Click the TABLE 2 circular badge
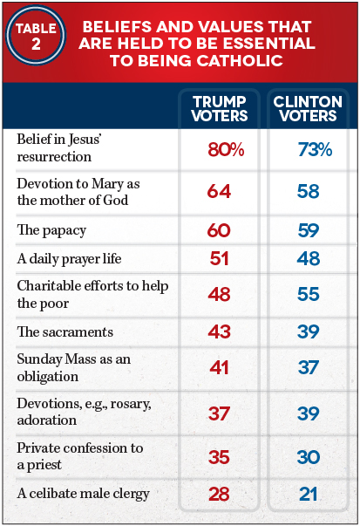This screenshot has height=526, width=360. click(x=36, y=35)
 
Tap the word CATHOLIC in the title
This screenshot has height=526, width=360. click(x=240, y=61)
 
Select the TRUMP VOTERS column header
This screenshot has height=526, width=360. click(x=220, y=109)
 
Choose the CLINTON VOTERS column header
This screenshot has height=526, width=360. click(x=308, y=109)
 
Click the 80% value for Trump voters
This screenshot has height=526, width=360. click(x=226, y=150)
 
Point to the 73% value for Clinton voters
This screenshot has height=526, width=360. click(x=315, y=150)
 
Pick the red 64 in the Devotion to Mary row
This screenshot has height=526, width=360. click(x=219, y=192)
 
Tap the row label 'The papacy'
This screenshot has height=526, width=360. click(x=51, y=231)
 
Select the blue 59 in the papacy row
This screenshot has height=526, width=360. click(x=309, y=230)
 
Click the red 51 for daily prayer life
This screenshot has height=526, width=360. click(x=219, y=259)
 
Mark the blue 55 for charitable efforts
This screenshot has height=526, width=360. click(x=309, y=294)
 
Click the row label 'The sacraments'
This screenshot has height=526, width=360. click(x=65, y=331)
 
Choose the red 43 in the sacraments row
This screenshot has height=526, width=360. click(x=219, y=331)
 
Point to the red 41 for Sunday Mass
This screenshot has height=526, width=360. click(x=219, y=367)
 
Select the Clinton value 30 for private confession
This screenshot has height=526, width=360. click(x=309, y=457)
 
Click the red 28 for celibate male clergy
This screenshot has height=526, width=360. click(x=219, y=494)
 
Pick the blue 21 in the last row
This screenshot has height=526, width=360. click(x=309, y=494)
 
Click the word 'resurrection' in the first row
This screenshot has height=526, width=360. click(x=54, y=157)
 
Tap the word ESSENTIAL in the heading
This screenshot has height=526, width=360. click(x=269, y=44)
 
